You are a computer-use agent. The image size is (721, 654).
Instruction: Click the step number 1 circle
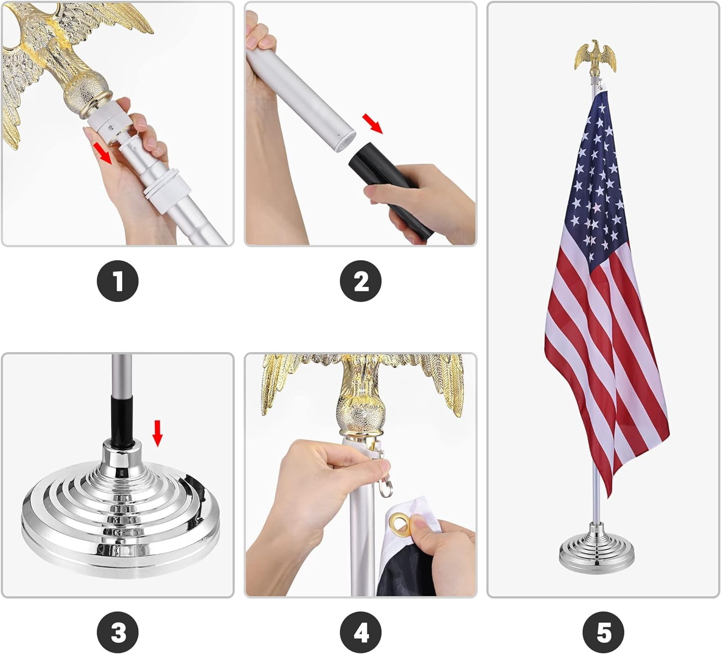pos(118,281)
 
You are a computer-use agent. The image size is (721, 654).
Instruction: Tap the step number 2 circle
pos(361,281)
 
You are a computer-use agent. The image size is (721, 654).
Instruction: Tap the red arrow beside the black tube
pos(373,124)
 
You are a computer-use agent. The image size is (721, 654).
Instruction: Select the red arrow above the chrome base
pos(158,433)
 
